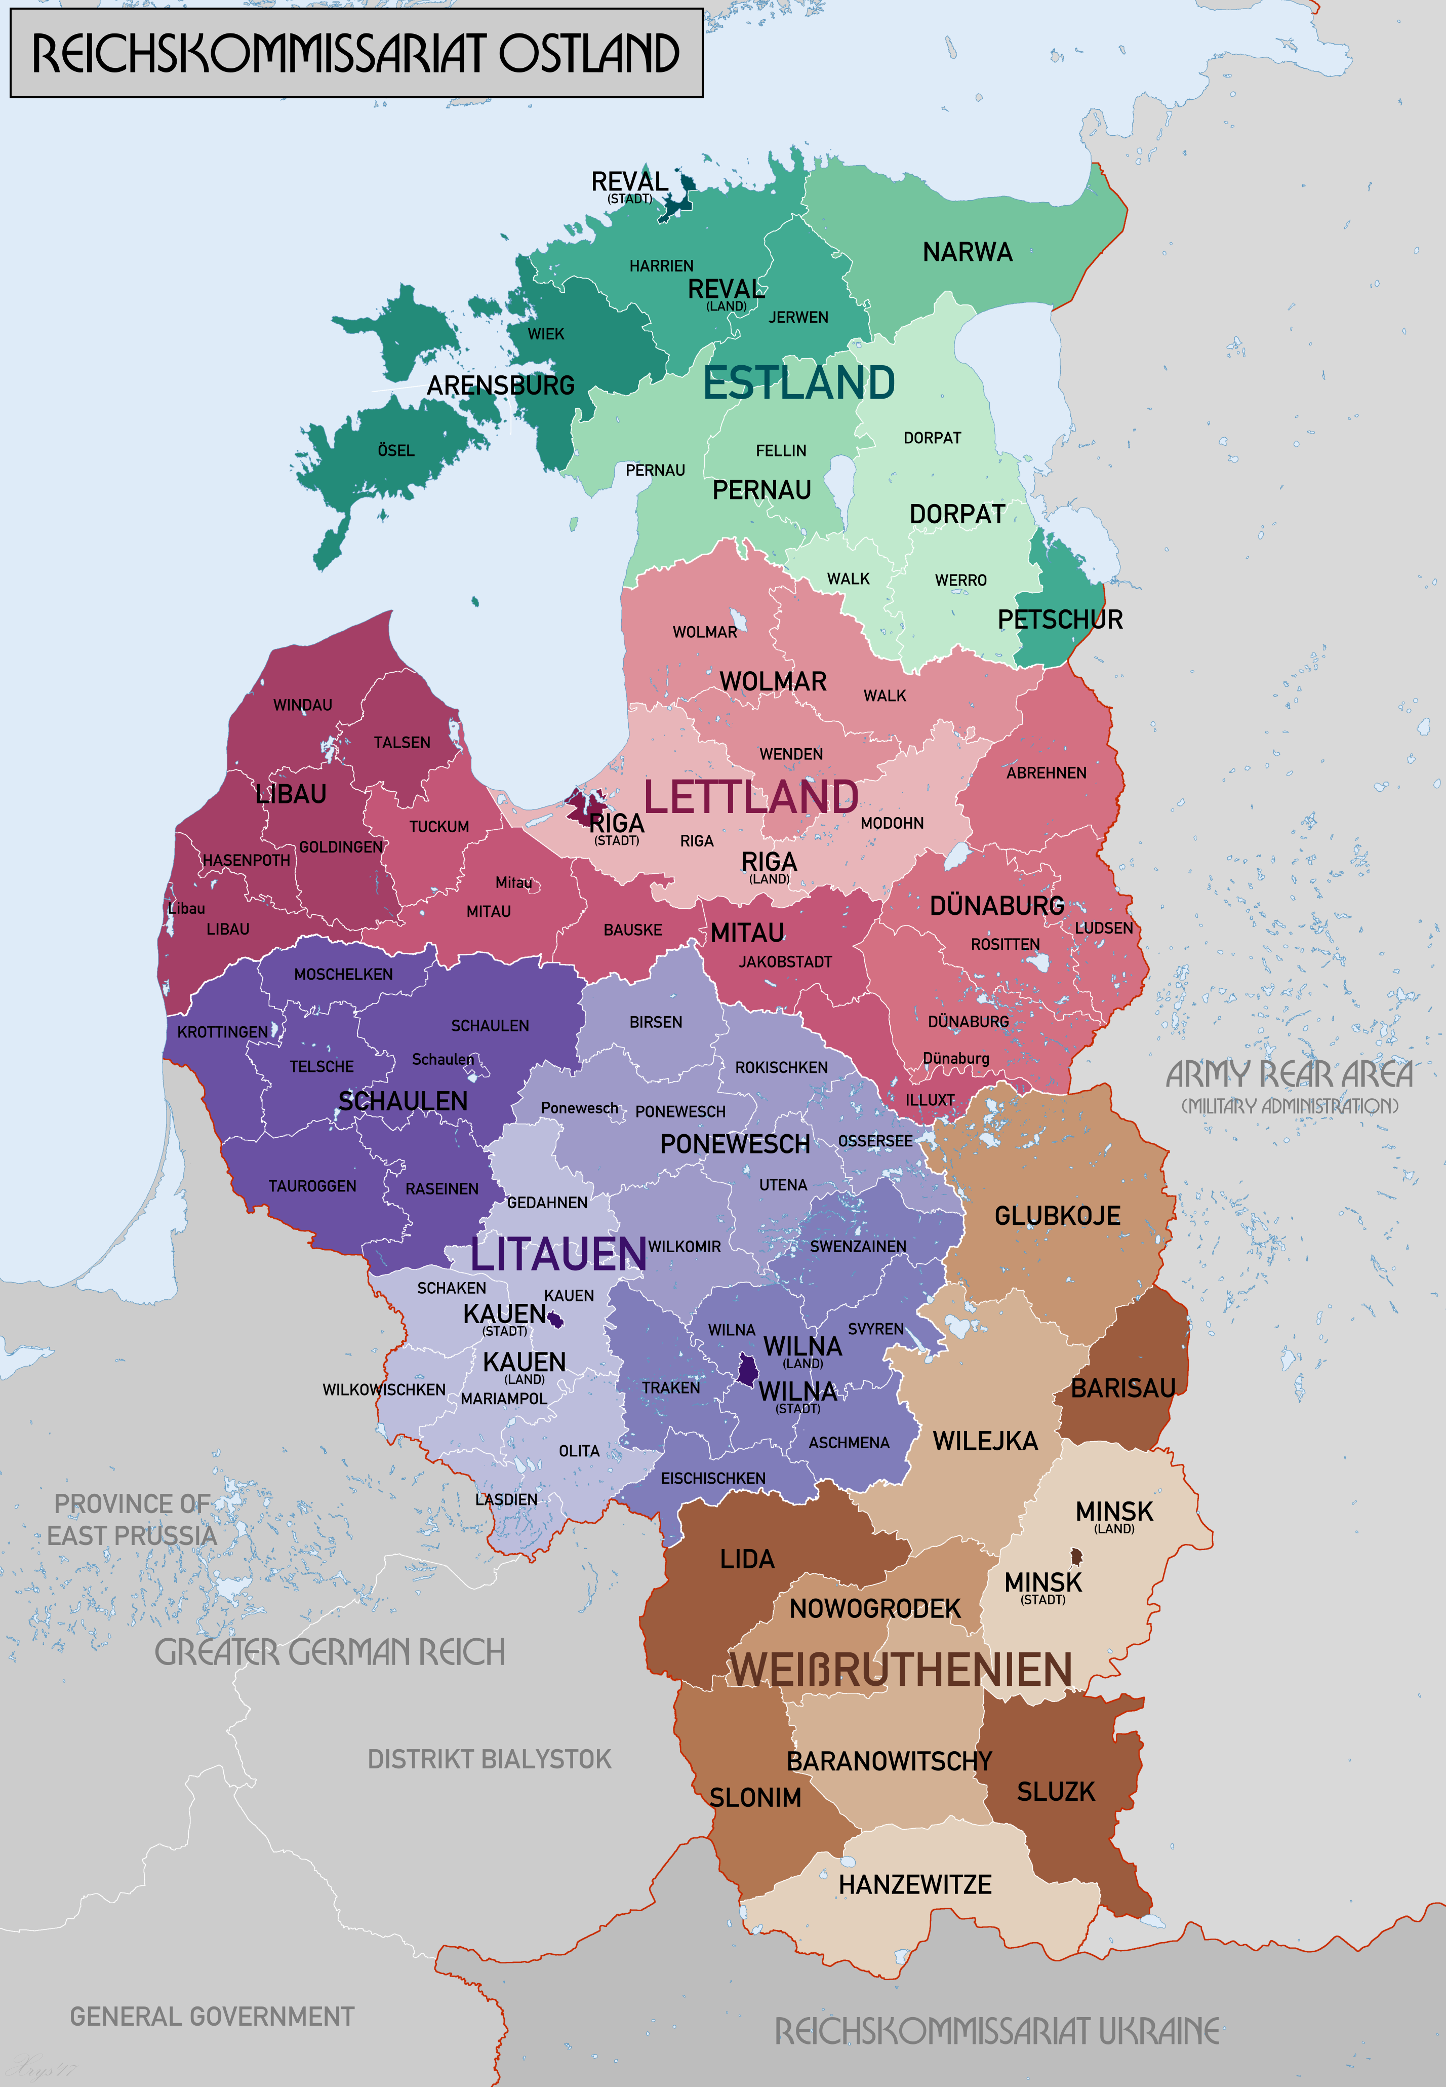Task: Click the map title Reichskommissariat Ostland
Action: pyautogui.click(x=356, y=54)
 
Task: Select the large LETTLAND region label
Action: pyautogui.click(x=751, y=797)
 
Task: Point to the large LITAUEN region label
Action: pyautogui.click(x=558, y=1254)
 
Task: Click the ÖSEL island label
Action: pyautogui.click(x=396, y=450)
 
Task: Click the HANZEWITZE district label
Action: pyautogui.click(x=914, y=1884)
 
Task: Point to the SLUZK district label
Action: pyautogui.click(x=1056, y=1792)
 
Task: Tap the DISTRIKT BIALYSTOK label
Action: pyautogui.click(x=489, y=1759)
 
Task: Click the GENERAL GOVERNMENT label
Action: pyautogui.click(x=212, y=2016)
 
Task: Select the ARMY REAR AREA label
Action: pyautogui.click(x=1289, y=1075)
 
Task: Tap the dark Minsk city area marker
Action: pyautogui.click(x=1076, y=1557)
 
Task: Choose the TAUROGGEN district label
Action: pyautogui.click(x=312, y=1186)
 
